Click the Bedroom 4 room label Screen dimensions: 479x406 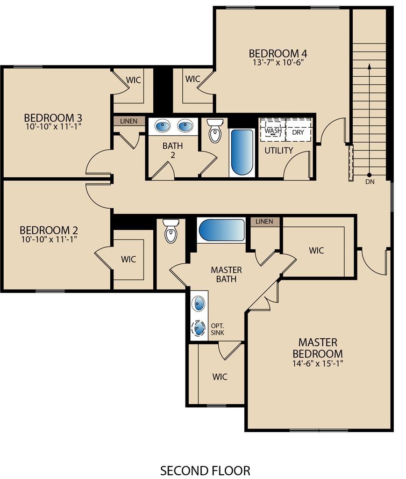(278, 53)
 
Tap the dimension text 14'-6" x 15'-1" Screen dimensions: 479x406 (317, 363)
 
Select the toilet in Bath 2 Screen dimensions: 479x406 (215, 131)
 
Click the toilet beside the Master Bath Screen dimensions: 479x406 (171, 231)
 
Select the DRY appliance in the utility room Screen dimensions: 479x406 (298, 132)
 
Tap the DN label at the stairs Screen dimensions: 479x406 (369, 181)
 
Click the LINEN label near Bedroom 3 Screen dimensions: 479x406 (128, 121)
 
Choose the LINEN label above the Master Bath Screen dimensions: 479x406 (264, 221)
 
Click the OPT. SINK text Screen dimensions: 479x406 (218, 329)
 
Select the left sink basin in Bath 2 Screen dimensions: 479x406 (163, 126)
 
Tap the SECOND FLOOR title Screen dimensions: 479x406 (205, 470)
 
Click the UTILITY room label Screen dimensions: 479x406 (279, 151)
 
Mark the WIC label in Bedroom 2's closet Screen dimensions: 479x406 (128, 259)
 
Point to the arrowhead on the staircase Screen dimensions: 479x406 (369, 66)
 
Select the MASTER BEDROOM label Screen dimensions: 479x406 (317, 348)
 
